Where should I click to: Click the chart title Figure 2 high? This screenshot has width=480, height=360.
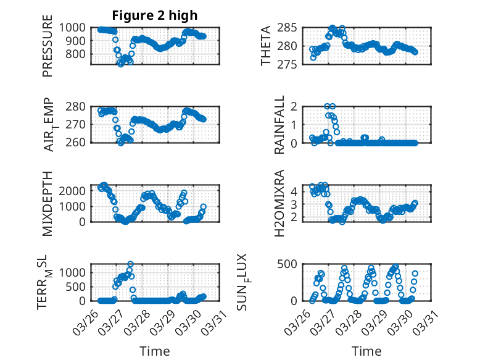[154, 15]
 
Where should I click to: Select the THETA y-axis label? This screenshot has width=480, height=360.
[266, 46]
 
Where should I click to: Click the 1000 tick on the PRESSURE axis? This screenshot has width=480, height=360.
[77, 28]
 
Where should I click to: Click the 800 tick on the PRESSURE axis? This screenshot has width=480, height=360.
[79, 54]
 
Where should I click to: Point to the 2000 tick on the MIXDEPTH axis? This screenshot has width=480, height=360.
[77, 191]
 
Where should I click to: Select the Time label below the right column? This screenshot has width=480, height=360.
[366, 351]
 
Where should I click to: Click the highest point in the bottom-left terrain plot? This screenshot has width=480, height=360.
[130, 264]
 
